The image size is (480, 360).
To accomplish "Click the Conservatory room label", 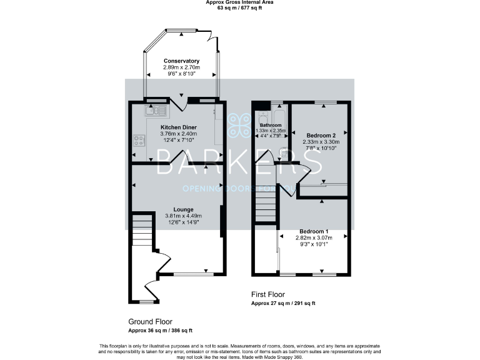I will (182, 61).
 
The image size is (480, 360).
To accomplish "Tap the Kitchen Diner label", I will (180, 126).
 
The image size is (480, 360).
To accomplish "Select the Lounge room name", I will (183, 209).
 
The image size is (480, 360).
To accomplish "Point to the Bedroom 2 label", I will (321, 135).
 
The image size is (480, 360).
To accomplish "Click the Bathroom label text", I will (271, 125).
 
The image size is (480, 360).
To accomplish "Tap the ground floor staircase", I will (142, 232).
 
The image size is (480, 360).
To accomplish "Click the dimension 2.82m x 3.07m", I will (313, 237).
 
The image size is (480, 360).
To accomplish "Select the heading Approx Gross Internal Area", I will (239, 2).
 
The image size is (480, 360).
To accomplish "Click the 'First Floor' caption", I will (267, 294).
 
